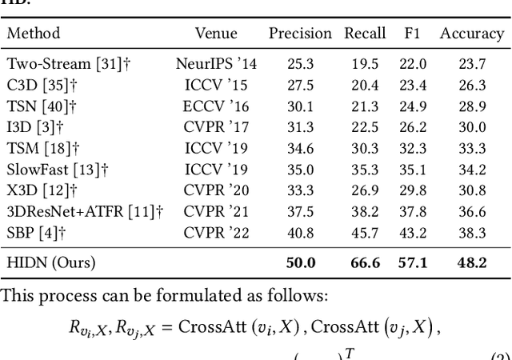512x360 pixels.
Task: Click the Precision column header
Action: pos(300,34)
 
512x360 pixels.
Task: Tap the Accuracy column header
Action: pos(472,34)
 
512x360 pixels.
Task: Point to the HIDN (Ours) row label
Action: pos(51,262)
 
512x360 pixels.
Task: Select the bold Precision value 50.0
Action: pos(301,262)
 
